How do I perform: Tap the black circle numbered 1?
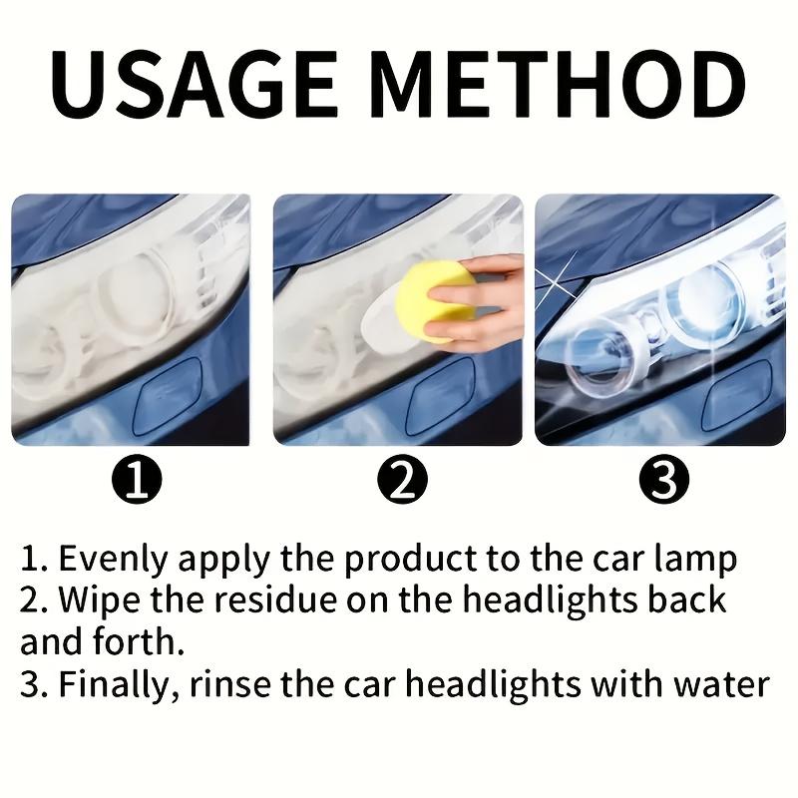[141, 482]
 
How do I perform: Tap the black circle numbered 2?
[402, 482]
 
